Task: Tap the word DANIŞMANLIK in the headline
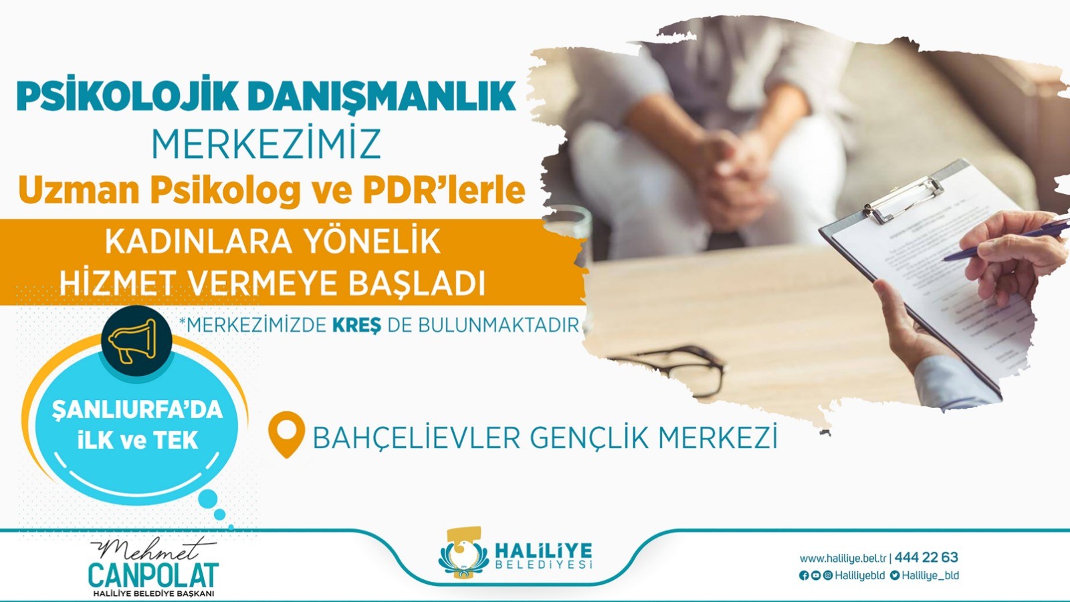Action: pyautogui.click(x=382, y=98)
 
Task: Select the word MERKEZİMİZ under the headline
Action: pyautogui.click(x=266, y=142)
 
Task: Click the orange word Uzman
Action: pyautogui.click(x=79, y=191)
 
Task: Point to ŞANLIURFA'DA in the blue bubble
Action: pyautogui.click(x=138, y=410)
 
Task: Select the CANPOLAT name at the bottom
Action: pyautogui.click(x=153, y=576)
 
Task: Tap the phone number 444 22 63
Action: pyautogui.click(x=926, y=557)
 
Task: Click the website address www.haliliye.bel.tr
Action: pyautogui.click(x=843, y=558)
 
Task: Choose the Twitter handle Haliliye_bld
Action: pyautogui.click(x=930, y=576)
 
